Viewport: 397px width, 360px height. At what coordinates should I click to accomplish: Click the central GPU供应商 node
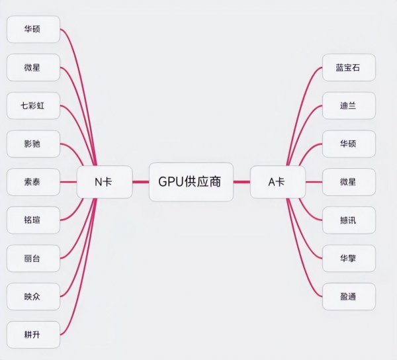tap(191, 181)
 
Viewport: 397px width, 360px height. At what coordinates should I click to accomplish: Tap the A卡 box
tap(277, 181)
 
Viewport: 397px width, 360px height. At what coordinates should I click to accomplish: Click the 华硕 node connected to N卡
tap(32, 29)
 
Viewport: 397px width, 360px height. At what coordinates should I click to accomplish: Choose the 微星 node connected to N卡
tap(32, 67)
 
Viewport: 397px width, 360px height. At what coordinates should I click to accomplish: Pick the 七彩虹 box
tap(32, 105)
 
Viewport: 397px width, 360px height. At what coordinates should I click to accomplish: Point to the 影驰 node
tap(32, 142)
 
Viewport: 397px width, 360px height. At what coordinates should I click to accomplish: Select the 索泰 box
tap(32, 180)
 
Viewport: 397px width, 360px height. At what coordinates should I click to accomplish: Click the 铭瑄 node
tap(32, 218)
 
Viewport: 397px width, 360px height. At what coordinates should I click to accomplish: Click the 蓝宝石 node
tap(348, 67)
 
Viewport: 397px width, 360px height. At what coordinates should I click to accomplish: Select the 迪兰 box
tap(348, 105)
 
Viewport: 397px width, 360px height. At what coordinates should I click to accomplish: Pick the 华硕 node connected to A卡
tap(348, 142)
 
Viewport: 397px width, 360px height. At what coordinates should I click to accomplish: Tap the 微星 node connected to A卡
tap(348, 181)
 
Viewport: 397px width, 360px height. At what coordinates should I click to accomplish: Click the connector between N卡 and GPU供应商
tap(140, 181)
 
